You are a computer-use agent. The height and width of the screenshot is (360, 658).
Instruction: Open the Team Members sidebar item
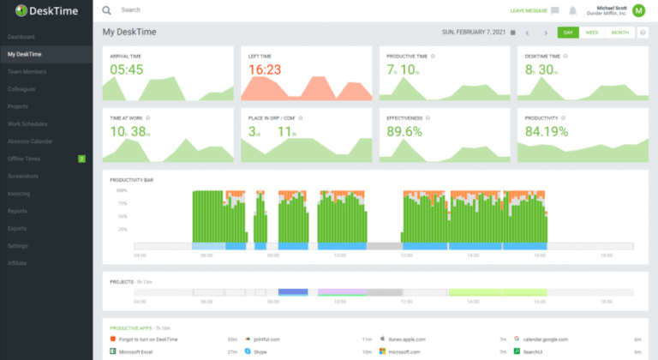tap(27, 71)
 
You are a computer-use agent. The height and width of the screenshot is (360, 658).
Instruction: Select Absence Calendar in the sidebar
tap(30, 141)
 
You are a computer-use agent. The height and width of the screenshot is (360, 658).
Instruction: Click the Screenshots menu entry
tap(24, 176)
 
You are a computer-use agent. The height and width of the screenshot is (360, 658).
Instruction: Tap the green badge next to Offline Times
tap(81, 159)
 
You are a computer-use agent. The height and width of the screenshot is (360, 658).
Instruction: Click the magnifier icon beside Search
tap(107, 10)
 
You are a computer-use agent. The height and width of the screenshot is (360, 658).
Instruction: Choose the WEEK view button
tap(592, 32)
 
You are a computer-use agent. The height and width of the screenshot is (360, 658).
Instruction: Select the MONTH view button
tap(618, 32)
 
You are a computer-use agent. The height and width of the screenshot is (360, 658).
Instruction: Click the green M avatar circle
tap(638, 10)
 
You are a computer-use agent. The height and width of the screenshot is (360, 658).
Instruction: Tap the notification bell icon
tap(572, 10)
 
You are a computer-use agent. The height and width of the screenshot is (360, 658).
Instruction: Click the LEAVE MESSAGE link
tap(528, 10)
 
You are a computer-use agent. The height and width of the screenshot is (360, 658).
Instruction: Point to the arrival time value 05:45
tap(126, 69)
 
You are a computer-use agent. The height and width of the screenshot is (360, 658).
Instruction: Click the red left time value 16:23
tap(265, 69)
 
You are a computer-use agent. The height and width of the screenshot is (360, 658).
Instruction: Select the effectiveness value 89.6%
tap(404, 131)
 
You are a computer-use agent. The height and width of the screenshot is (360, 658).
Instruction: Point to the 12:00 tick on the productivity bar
tap(406, 255)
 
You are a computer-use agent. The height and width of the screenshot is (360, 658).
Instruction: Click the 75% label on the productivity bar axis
tap(123, 203)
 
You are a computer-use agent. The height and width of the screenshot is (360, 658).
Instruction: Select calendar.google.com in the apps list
tap(548, 339)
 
